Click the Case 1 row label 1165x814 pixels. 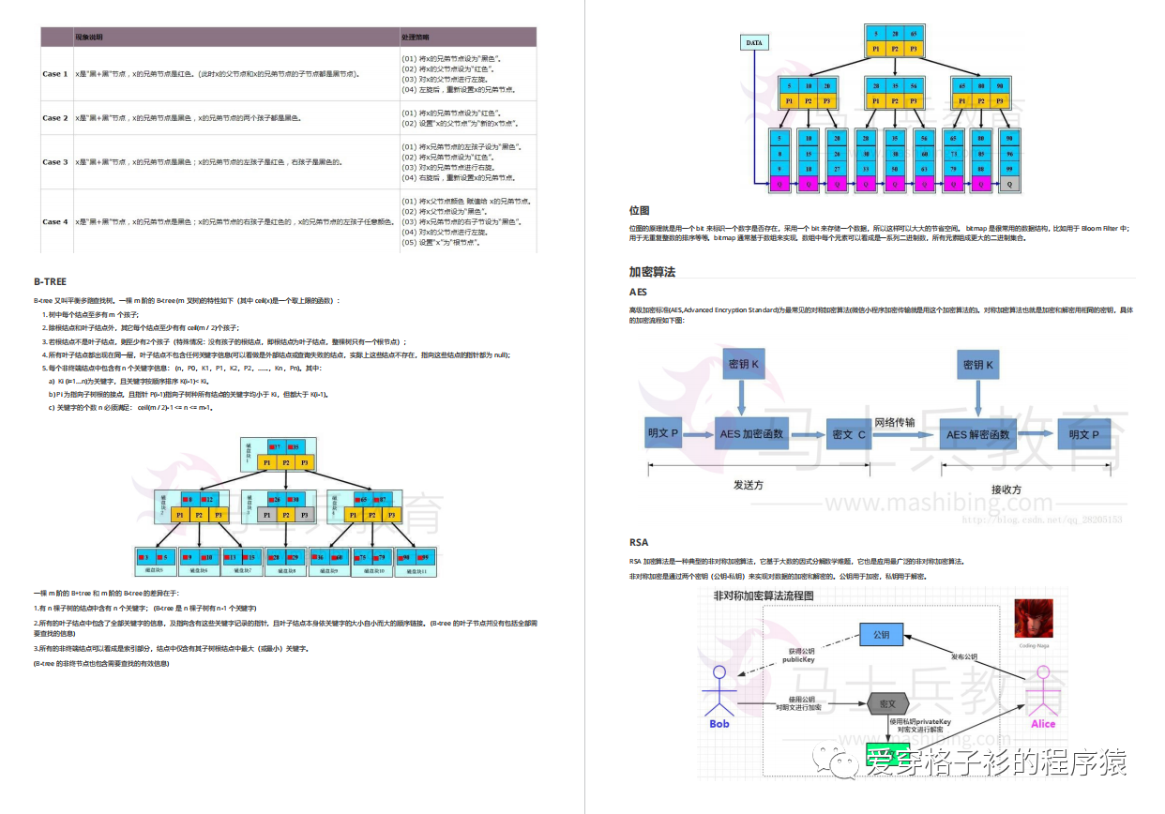[x=54, y=73]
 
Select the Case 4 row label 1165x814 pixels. [x=54, y=222]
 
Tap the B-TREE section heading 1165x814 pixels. [x=50, y=281]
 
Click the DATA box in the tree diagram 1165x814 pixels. [x=754, y=43]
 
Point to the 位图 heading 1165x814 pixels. [x=639, y=211]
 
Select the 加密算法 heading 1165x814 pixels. [x=652, y=272]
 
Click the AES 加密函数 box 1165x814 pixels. [x=750, y=434]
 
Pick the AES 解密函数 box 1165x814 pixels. [x=977, y=434]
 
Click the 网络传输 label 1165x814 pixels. [x=894, y=423]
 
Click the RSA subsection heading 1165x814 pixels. [x=638, y=542]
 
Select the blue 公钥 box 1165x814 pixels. [x=881, y=635]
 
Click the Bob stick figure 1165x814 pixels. [x=719, y=694]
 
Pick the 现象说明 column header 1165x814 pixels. [x=90, y=38]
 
